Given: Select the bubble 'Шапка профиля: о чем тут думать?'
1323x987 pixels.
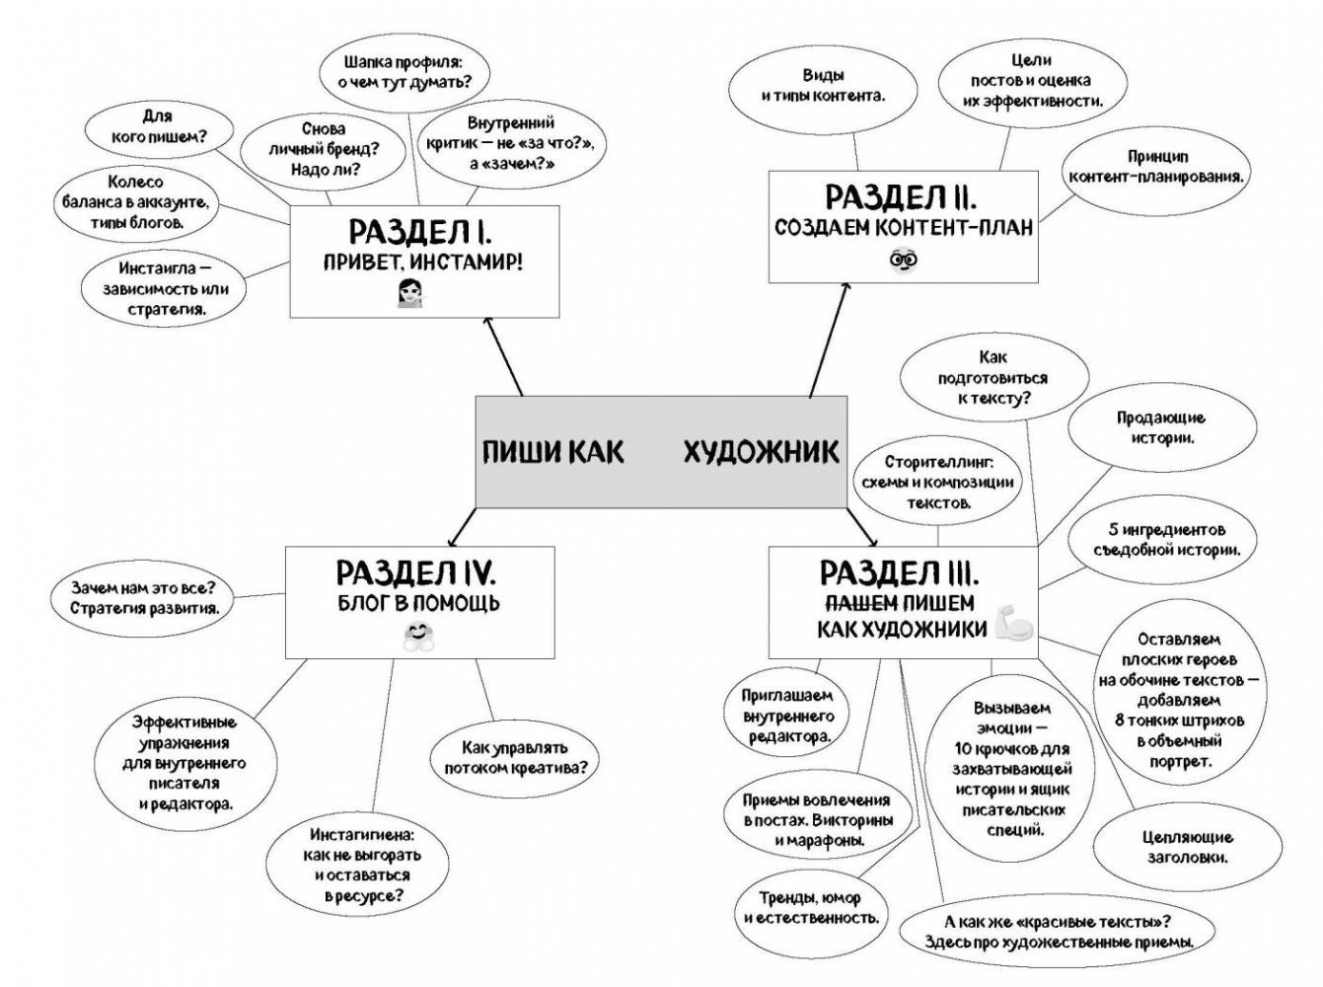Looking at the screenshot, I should pos(403,72).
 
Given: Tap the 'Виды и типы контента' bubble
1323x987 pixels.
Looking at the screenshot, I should pos(823,86).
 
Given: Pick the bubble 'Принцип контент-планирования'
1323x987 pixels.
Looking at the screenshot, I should pos(1155,167).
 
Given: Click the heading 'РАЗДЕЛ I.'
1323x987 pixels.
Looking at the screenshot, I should pos(420,232).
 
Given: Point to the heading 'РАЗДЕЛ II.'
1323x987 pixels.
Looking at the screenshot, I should pos(901,197).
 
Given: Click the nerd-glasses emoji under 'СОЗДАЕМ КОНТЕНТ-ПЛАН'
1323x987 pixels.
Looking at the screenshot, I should pos(903,261).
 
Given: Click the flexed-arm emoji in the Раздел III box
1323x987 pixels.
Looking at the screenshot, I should pos(1013,625).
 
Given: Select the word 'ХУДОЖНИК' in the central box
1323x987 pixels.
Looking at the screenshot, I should pos(761,452).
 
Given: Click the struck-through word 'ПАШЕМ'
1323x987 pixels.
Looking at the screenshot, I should pos(860,603).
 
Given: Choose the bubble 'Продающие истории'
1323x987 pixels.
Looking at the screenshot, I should pos(1160,428).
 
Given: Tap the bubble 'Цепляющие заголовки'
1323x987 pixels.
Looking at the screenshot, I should pos(1187,847).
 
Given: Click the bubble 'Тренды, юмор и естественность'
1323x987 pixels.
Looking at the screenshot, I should pos(810,908).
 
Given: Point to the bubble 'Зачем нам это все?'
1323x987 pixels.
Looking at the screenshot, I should pos(144,598).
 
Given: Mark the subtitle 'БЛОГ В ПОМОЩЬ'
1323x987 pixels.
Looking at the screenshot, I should pos(418,603).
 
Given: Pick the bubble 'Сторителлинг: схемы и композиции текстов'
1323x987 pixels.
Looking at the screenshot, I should pos(937,482).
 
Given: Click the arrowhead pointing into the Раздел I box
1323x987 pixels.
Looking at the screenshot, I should pos(487,321).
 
